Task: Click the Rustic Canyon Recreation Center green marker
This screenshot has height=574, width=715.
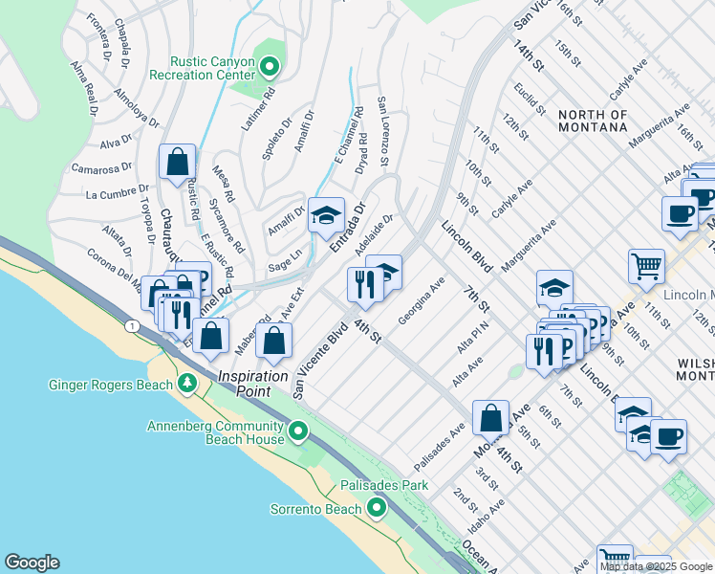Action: [x=270, y=67]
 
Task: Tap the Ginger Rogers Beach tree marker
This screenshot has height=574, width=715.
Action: [x=187, y=385]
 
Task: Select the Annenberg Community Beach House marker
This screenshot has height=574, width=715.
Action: [x=298, y=431]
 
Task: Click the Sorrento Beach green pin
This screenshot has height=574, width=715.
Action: [x=378, y=508]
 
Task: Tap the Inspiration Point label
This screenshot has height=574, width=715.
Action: [x=253, y=376]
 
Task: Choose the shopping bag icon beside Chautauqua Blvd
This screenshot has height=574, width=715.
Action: [x=178, y=163]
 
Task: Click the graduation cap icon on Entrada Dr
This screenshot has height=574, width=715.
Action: [x=326, y=216]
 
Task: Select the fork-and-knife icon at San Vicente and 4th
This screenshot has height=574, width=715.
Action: [x=364, y=285]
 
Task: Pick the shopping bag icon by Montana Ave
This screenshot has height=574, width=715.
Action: [x=490, y=417]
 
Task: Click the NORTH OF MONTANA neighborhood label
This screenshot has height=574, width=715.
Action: [x=593, y=121]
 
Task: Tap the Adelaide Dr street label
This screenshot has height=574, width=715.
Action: [x=374, y=235]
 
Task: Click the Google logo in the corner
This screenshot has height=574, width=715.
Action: [x=32, y=563]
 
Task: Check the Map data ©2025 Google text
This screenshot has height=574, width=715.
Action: [x=656, y=566]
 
